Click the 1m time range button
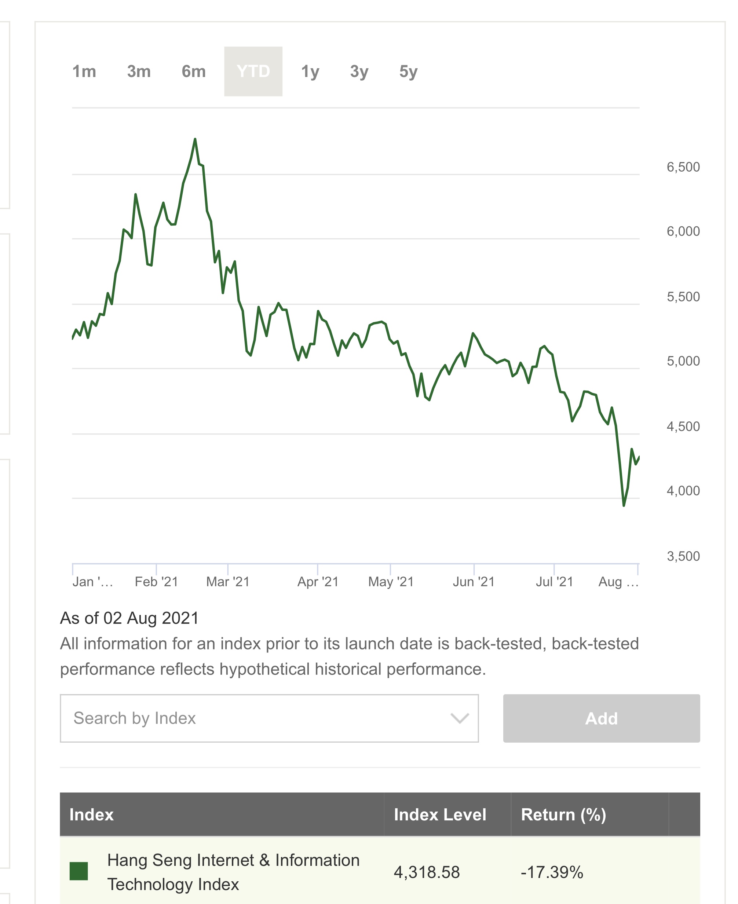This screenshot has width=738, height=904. coord(84,72)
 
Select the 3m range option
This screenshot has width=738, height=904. coord(139,72)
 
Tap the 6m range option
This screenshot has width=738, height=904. coord(193,72)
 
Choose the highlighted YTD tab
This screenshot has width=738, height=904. coord(253,72)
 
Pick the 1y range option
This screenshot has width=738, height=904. coord(310,72)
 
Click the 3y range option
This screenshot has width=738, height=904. coord(359,72)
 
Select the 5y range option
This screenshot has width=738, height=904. coord(408,72)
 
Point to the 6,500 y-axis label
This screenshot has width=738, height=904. coord(683,167)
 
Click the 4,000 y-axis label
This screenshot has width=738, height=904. coord(683,491)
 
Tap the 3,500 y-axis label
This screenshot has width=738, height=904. coord(683,556)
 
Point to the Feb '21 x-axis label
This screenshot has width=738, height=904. coord(157,581)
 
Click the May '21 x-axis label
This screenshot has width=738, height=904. coord(391,581)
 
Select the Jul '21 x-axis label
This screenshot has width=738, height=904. coord(554,581)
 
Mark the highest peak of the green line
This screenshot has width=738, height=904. coord(195,139)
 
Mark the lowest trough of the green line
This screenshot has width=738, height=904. coord(624,505)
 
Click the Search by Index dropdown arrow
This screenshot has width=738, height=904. coord(460,718)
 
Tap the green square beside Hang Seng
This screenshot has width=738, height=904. coord(78,871)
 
